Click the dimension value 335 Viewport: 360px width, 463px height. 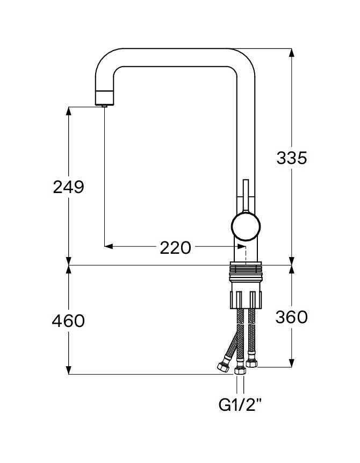pyautogui.click(x=292, y=158)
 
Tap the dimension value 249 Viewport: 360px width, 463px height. pyautogui.click(x=68, y=187)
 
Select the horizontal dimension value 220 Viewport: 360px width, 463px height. pyautogui.click(x=176, y=248)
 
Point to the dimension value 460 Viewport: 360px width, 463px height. pyautogui.click(x=68, y=320)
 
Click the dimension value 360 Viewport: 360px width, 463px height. pyautogui.click(x=292, y=317)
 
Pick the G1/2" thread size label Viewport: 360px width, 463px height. pyautogui.click(x=240, y=404)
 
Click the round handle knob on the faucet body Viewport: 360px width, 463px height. pyautogui.click(x=246, y=227)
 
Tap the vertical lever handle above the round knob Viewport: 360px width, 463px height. pyautogui.click(x=246, y=195)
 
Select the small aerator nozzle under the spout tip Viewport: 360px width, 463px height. pyautogui.click(x=104, y=105)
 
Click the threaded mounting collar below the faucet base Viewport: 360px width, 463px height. pyautogui.click(x=246, y=271)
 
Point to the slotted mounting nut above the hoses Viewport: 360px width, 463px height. pyautogui.click(x=246, y=300)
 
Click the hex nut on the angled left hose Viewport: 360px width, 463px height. pyautogui.click(x=223, y=367)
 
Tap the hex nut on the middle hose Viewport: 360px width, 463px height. pyautogui.click(x=240, y=371)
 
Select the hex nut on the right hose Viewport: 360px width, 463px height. pyautogui.click(x=251, y=363)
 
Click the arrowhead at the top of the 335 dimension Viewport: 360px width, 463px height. pyautogui.click(x=292, y=53)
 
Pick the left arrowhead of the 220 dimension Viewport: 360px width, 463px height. pyautogui.click(x=109, y=246)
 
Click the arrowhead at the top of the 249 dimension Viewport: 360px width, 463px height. pyautogui.click(x=68, y=111)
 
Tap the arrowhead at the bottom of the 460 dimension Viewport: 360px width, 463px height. pyautogui.click(x=68, y=370)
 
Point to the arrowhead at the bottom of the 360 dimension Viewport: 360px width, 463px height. pyautogui.click(x=292, y=363)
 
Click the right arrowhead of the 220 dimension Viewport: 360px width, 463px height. pyautogui.click(x=241, y=246)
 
